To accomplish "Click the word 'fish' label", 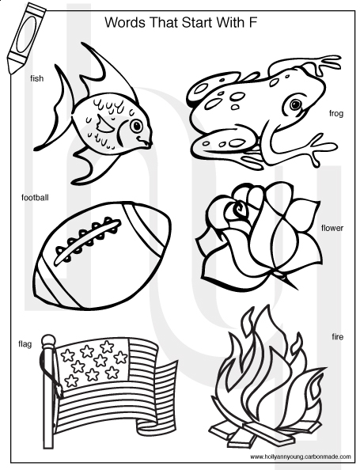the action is coord(37,78).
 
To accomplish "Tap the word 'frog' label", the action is coord(335,114).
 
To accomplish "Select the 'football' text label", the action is coord(35,198).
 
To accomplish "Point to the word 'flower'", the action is coord(332,228).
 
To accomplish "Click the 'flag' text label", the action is coord(25,344).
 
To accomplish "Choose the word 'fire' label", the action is coord(338,337).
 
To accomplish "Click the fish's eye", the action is coord(136,126).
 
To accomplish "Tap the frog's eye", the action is coord(296,104).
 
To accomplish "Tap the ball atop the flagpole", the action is coord(48,341).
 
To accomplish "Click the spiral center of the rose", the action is coord(239,209).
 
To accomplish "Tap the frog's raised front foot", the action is coord(324,65).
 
